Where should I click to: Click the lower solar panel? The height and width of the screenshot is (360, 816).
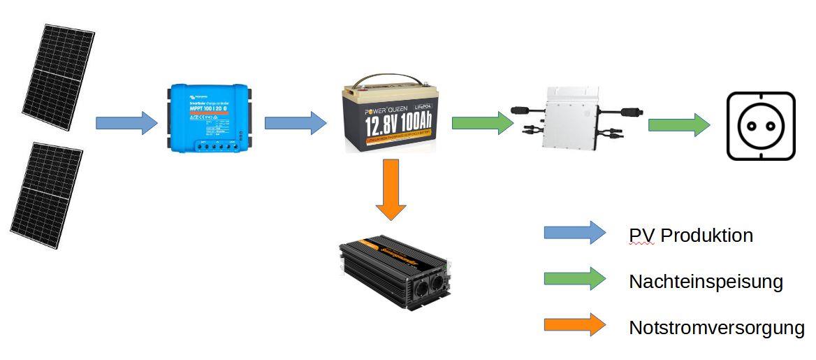[x=46, y=196]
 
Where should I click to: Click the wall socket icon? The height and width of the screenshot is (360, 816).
[x=761, y=126]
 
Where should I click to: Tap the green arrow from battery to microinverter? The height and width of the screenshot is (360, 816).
[x=483, y=123]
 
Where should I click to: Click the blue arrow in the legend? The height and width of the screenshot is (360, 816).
[x=575, y=233]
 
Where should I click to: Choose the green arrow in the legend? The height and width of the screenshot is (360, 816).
[x=575, y=279]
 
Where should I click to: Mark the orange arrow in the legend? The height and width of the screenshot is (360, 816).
[x=575, y=324]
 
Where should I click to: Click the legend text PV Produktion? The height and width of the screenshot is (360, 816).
[x=691, y=236]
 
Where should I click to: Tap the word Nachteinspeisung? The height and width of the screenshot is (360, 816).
[x=706, y=282]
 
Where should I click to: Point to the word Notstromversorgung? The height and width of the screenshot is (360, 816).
[x=717, y=327]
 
